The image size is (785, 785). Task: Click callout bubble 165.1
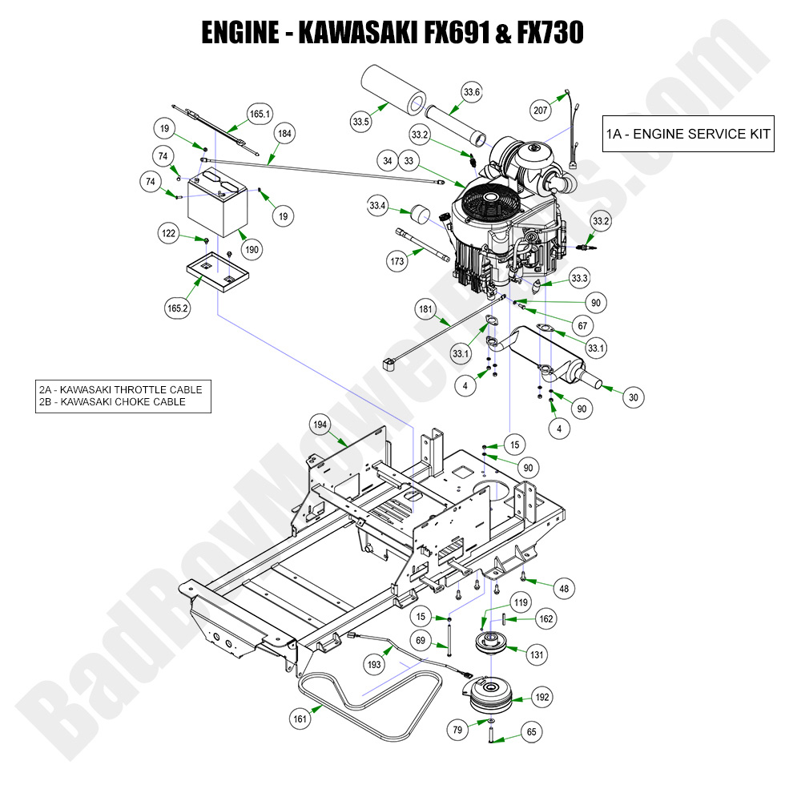(x=260, y=114)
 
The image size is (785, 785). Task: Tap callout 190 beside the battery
(x=252, y=250)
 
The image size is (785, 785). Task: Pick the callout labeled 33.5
(x=360, y=122)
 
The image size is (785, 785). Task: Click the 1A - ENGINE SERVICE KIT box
(x=688, y=133)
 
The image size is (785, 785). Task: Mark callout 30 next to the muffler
(x=633, y=396)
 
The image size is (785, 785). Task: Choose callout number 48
(x=565, y=589)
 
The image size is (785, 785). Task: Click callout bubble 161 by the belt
(x=300, y=719)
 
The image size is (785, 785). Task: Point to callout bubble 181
(x=426, y=309)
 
